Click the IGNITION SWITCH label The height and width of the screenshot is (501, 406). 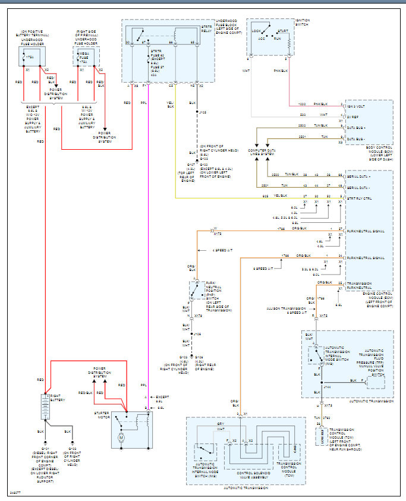pos(303,23)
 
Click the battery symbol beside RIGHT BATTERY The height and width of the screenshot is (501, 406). pos(45,407)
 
